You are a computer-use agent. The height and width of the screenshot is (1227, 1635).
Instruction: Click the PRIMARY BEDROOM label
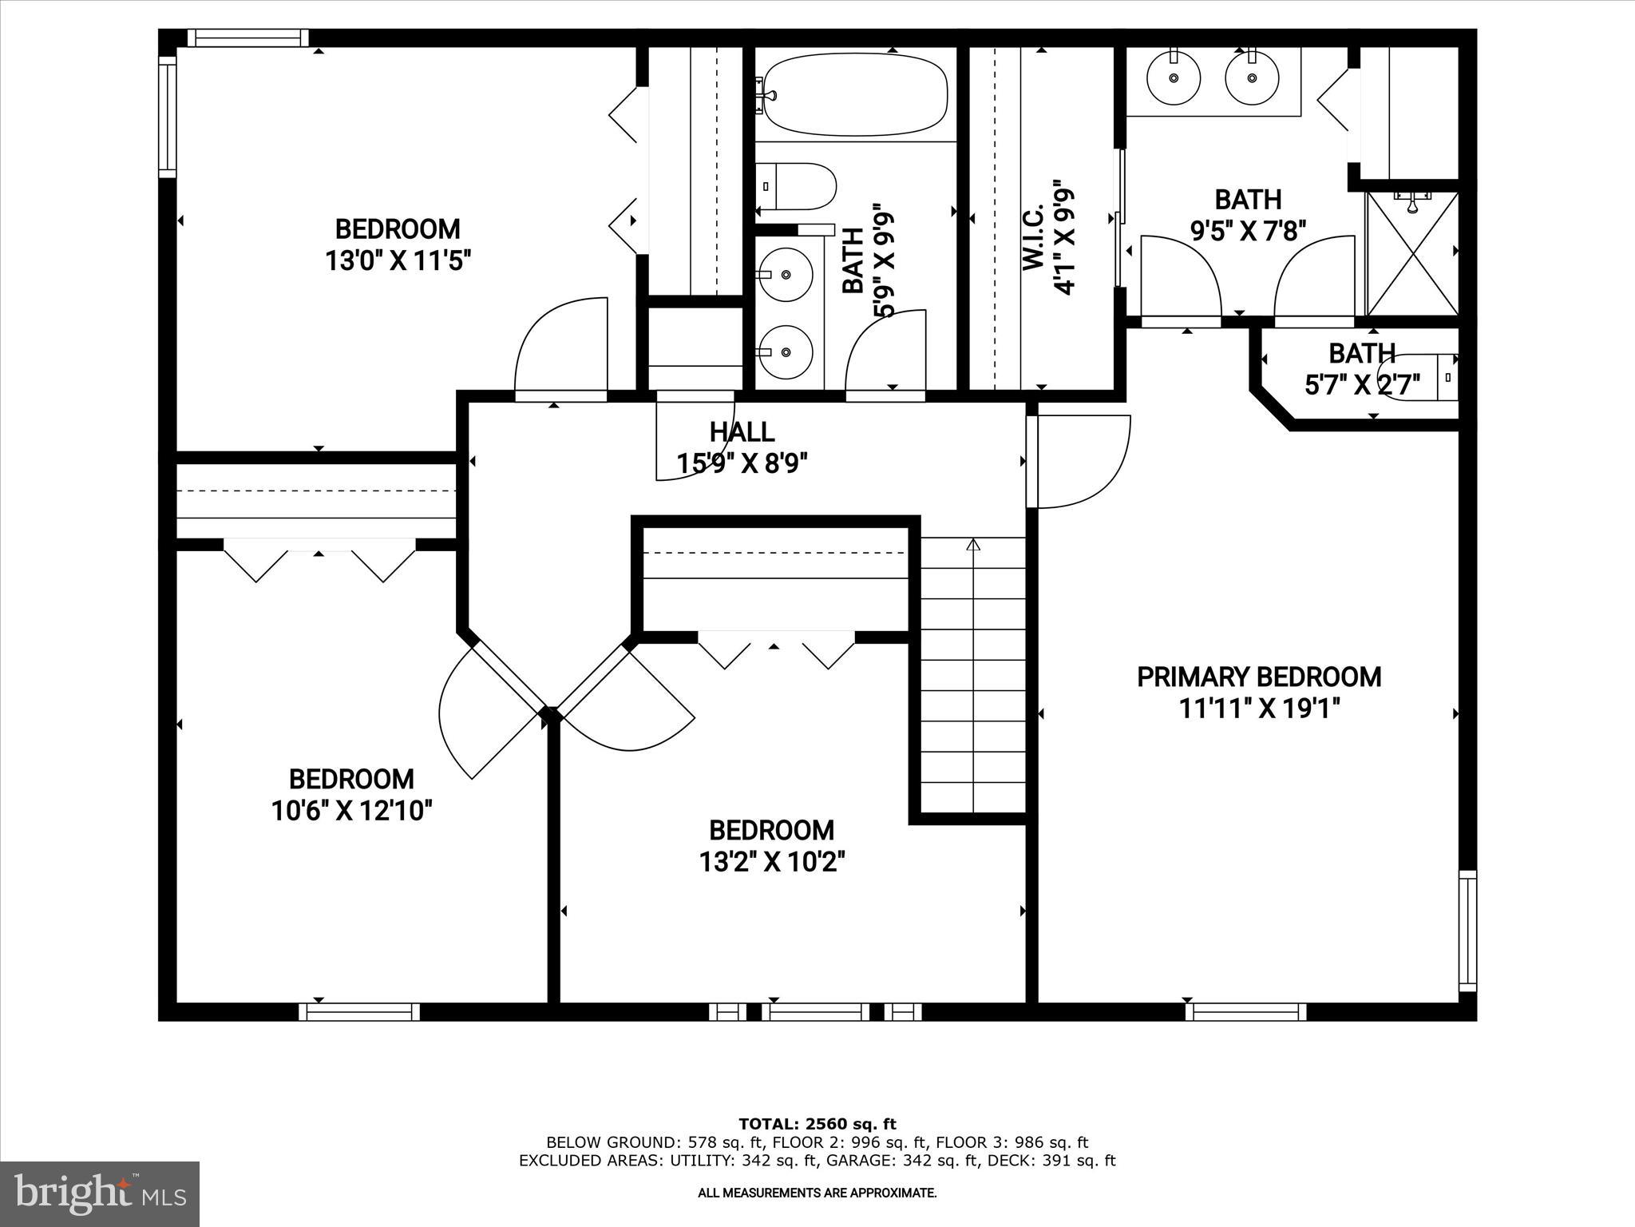pyautogui.click(x=1258, y=677)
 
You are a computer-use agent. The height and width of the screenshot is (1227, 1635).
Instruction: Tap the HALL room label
pyautogui.click(x=742, y=432)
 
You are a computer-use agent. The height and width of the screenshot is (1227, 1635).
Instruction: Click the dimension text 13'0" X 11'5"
pyautogui.click(x=398, y=261)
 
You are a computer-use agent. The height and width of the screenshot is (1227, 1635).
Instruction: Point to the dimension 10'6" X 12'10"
pyautogui.click(x=351, y=811)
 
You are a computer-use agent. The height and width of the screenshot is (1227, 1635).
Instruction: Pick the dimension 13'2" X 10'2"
pyautogui.click(x=772, y=862)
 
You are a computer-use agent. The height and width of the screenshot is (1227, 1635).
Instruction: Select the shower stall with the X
pyautogui.click(x=1412, y=253)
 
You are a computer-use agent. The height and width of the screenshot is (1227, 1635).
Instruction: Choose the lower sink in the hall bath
pyautogui.click(x=786, y=351)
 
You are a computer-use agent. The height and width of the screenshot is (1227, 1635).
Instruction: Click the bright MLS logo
pyautogui.click(x=100, y=1193)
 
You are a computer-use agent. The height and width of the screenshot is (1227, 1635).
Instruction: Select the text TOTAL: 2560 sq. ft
pyautogui.click(x=817, y=1125)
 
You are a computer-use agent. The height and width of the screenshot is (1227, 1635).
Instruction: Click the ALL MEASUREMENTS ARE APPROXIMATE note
pyautogui.click(x=817, y=1193)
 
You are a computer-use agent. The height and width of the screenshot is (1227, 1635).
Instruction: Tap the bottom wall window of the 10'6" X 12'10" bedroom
pyautogui.click(x=359, y=1012)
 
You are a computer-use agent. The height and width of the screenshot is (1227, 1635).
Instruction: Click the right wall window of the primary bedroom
pyautogui.click(x=1467, y=931)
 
